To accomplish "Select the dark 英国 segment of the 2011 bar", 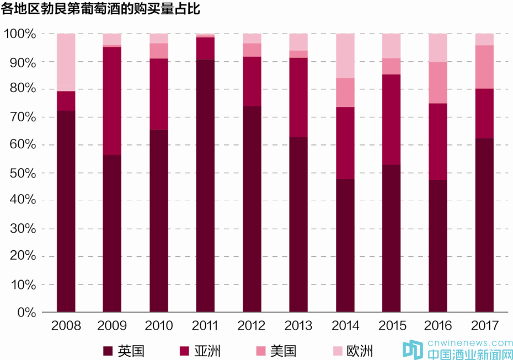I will [x=205, y=185].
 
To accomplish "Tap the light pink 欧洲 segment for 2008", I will [x=66, y=62].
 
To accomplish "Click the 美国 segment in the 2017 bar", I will [x=485, y=67].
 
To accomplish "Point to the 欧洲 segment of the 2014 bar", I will [x=345, y=56].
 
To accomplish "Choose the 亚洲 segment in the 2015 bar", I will [x=392, y=119].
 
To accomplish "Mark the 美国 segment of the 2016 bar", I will [x=438, y=82].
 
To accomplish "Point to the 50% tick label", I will [x=23, y=173].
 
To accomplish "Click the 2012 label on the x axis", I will [x=252, y=325].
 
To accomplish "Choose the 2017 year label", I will [x=484, y=325].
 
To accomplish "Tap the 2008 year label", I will [x=66, y=325].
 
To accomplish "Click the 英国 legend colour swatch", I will [x=108, y=351].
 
